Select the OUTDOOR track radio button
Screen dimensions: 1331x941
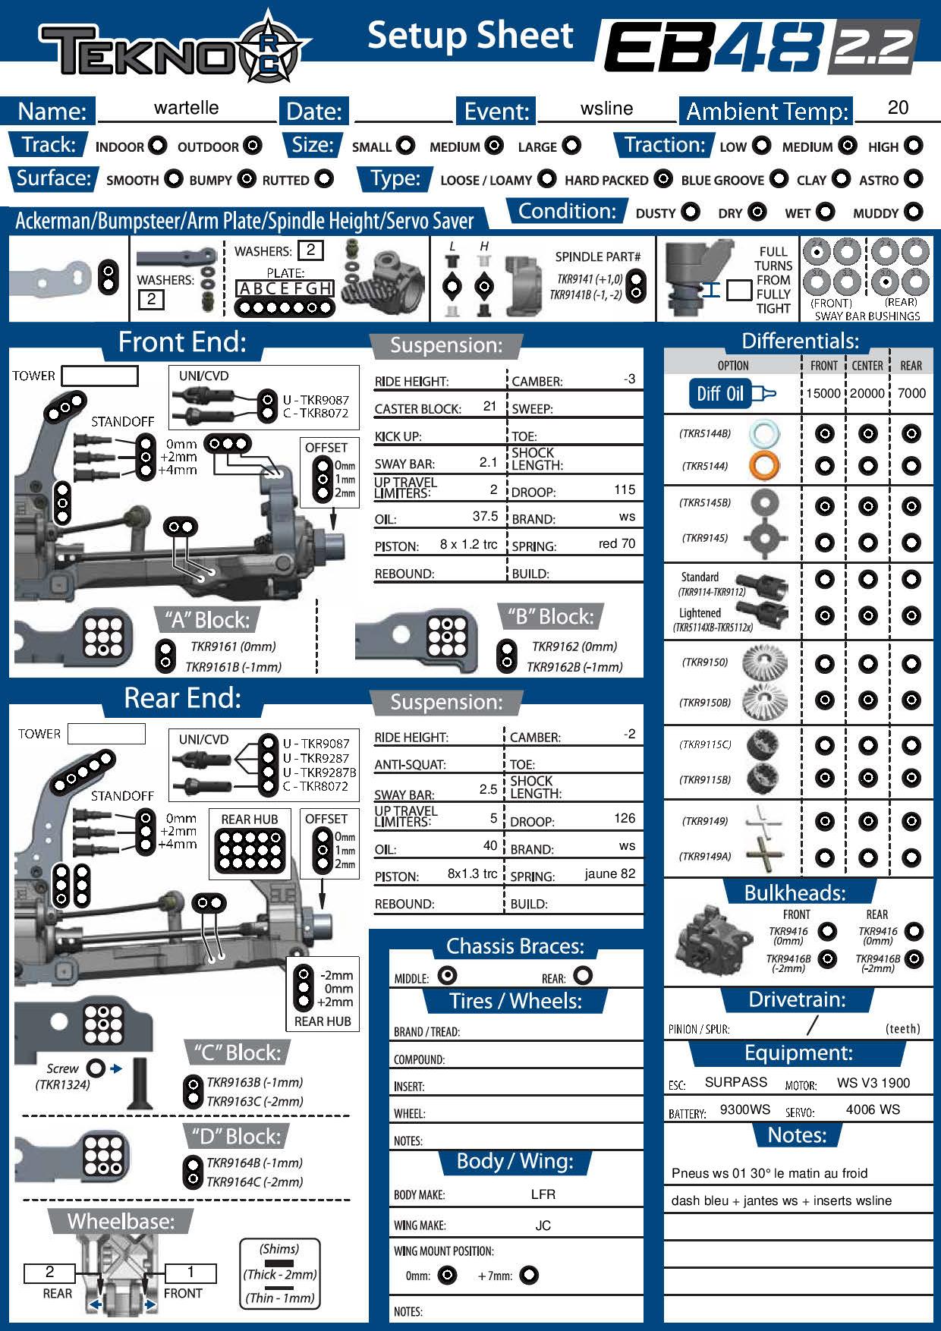(x=252, y=146)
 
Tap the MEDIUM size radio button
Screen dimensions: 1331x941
(x=494, y=146)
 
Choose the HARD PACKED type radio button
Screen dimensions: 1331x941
(x=663, y=179)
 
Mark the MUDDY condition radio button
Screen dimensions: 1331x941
(x=914, y=212)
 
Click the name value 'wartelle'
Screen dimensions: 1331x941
(x=186, y=108)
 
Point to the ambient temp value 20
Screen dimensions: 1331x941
(x=897, y=108)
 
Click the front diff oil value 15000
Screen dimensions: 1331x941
(x=823, y=393)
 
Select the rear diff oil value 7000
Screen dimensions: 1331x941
(x=911, y=393)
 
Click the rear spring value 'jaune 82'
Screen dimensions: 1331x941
(x=609, y=873)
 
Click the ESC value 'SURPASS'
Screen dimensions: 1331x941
(x=735, y=1082)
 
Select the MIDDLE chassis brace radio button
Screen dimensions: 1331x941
(x=447, y=975)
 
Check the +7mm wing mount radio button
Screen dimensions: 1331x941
(x=529, y=1275)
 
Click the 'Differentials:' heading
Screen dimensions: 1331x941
(x=800, y=341)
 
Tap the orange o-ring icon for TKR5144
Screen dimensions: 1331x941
(x=763, y=465)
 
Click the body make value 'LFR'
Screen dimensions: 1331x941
(x=543, y=1194)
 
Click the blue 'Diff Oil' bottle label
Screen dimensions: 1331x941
(x=721, y=393)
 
